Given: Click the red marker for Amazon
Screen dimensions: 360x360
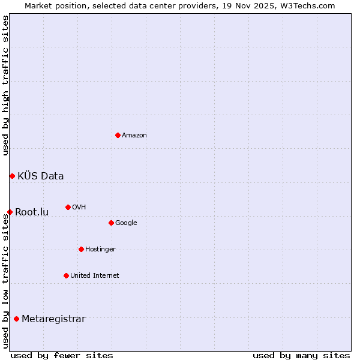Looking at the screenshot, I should [118, 135].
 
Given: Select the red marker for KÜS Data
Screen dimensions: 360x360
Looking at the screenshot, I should [12, 176].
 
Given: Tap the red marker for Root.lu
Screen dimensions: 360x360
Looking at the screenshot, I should [10, 212].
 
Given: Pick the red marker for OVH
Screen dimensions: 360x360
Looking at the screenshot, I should [68, 207].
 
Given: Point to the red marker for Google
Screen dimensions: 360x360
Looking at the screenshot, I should [111, 223].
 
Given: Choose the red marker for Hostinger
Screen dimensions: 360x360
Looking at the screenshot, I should [81, 249].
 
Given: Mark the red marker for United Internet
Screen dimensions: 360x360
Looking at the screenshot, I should [66, 275].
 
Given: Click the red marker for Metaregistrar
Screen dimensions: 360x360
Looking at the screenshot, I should [16, 319].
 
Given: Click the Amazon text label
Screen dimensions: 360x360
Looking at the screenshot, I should [134, 136].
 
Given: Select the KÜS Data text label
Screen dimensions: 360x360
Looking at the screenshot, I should [41, 176].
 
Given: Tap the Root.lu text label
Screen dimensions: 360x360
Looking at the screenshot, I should [32, 212].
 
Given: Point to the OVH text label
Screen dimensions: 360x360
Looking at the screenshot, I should [79, 208].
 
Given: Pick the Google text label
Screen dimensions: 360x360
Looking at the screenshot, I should [126, 223].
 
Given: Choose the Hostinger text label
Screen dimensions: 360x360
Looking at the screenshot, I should [100, 250].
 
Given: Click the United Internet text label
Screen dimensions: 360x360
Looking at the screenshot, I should [95, 276].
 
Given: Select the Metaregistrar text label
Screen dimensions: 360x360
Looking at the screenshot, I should [53, 319].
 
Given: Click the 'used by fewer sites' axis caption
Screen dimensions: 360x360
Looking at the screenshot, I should [62, 355].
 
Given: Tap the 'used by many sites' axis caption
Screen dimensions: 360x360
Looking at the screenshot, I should [301, 355].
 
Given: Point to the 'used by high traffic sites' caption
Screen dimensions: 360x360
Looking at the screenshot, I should [5, 85].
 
